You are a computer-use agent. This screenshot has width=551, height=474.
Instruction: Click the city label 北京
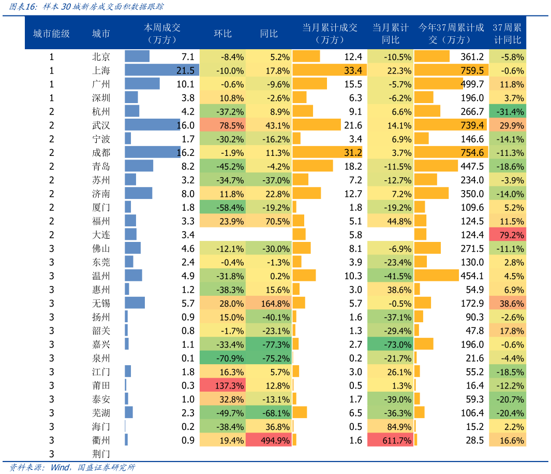click(x=101, y=57)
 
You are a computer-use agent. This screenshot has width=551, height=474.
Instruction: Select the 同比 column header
click(x=269, y=34)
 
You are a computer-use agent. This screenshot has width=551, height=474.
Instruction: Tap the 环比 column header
click(x=222, y=34)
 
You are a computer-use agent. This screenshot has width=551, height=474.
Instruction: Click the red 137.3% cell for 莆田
click(x=222, y=385)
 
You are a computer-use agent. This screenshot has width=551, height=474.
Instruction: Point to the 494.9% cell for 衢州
click(x=269, y=440)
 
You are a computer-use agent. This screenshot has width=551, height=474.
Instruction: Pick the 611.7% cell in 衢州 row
click(x=391, y=440)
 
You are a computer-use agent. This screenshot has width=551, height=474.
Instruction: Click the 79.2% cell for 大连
click(x=508, y=235)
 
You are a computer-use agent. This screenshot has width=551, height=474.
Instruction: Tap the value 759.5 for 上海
click(x=471, y=70)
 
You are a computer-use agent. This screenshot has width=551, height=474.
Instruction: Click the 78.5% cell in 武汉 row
click(x=222, y=125)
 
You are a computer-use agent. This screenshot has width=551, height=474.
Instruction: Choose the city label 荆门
click(x=101, y=454)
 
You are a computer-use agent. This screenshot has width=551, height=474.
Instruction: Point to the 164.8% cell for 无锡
click(x=269, y=303)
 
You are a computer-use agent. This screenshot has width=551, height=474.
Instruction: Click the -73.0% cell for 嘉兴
click(x=391, y=344)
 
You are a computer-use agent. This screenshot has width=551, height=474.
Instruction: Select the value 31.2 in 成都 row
click(x=352, y=153)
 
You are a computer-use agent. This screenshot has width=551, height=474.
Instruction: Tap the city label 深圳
click(x=101, y=98)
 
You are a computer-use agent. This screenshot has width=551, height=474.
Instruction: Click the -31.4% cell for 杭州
click(x=508, y=111)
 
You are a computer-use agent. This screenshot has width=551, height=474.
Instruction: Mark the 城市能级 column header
click(x=51, y=34)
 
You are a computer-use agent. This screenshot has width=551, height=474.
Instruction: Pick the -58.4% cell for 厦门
click(x=222, y=207)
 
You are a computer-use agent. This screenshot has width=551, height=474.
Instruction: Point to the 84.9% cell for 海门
click(x=391, y=426)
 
